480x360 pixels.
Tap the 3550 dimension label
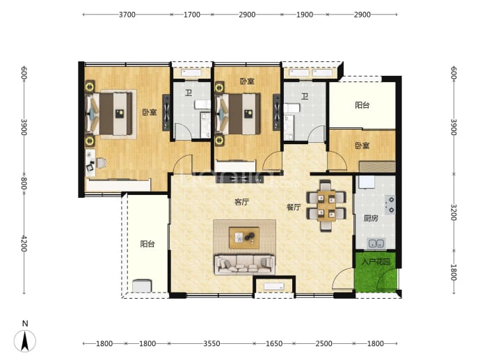click(212, 343)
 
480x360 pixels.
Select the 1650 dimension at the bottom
click(274, 343)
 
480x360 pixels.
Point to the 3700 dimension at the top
click(127, 15)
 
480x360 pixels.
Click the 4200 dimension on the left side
click(24, 243)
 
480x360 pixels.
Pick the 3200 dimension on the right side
click(454, 212)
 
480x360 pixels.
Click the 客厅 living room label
click(242, 202)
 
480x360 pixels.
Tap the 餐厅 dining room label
click(294, 207)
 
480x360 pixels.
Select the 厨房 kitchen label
click(371, 218)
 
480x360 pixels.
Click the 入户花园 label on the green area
click(376, 262)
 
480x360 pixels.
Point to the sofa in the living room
click(245, 265)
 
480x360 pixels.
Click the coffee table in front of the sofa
click(244, 237)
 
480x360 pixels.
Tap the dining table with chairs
click(326, 205)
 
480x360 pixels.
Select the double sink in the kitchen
click(376, 244)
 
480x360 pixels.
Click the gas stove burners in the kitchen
click(391, 205)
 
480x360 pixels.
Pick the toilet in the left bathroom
click(202, 104)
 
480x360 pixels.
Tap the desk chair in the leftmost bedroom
click(102, 163)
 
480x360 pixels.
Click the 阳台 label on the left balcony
click(147, 244)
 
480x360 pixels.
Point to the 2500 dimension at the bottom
click(323, 343)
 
